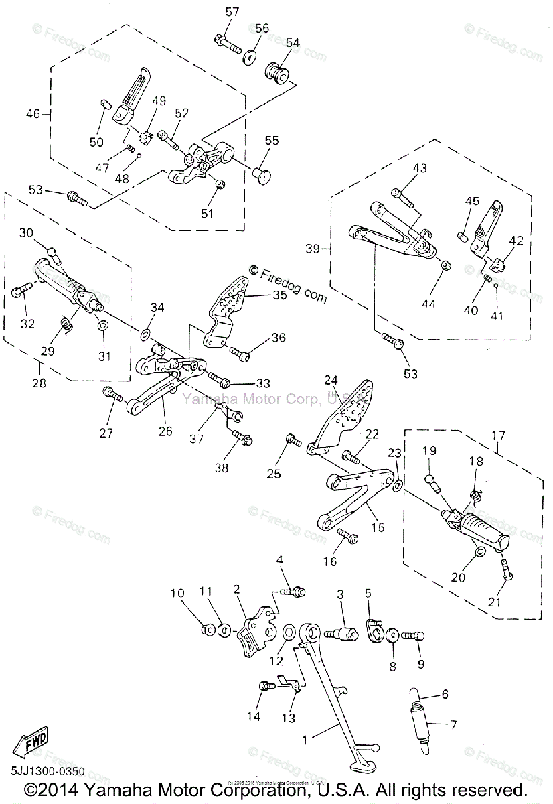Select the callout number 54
coord(293,42)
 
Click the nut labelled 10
coord(207,629)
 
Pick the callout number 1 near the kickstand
coord(305,740)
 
